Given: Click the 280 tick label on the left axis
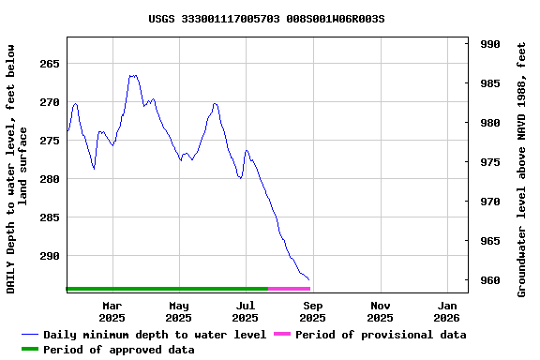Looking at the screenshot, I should click(49, 179).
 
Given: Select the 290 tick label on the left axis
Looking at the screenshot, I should click(49, 256).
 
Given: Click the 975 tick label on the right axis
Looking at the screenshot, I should click(489, 162).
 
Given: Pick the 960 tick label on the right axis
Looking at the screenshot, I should click(489, 280).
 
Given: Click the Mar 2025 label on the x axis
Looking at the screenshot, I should click(112, 311).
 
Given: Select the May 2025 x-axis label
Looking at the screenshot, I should click(179, 311).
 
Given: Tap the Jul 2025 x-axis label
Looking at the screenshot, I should click(246, 311).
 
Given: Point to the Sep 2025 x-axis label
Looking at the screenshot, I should click(313, 311).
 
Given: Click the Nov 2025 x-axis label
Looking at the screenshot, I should click(381, 311).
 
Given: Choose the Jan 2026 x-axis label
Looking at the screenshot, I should click(447, 311).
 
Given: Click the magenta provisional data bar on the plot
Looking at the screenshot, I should click(289, 289).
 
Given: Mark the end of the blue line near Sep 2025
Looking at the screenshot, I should click(309, 279).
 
